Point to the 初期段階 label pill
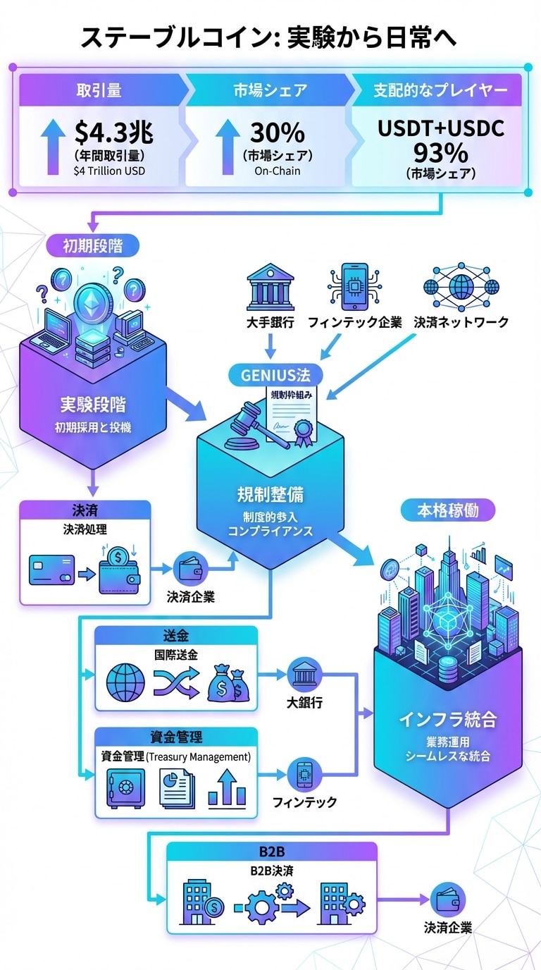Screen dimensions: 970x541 pyautogui.click(x=92, y=245)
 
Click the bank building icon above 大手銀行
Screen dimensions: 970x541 pyautogui.click(x=270, y=288)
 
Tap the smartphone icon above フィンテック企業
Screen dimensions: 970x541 pyautogui.click(x=354, y=286)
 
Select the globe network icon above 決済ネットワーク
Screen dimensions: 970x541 pyautogui.click(x=461, y=287)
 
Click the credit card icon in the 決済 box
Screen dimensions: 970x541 pyautogui.click(x=53, y=569)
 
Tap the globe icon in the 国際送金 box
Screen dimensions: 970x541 pyautogui.click(x=125, y=683)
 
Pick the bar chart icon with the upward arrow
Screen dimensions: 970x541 pyautogui.click(x=227, y=787)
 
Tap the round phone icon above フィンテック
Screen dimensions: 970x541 pyautogui.click(x=304, y=773)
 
